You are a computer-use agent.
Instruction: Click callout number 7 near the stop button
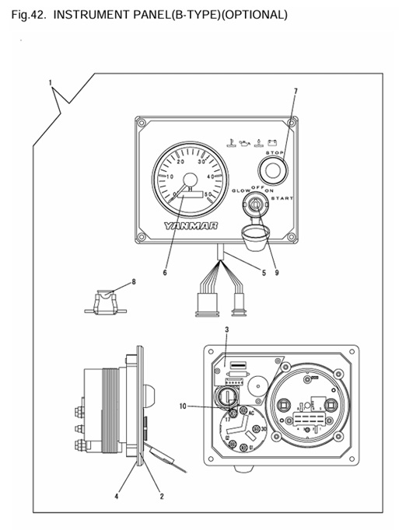click(x=295, y=92)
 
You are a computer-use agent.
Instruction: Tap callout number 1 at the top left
click(x=51, y=82)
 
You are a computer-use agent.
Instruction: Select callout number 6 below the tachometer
click(x=165, y=273)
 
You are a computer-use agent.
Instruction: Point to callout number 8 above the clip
click(x=133, y=281)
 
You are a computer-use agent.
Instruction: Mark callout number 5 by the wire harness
click(x=262, y=273)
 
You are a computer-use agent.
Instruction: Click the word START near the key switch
click(x=282, y=200)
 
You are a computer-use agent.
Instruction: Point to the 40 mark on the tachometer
click(x=210, y=177)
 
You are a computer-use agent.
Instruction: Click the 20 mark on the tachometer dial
click(x=181, y=162)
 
